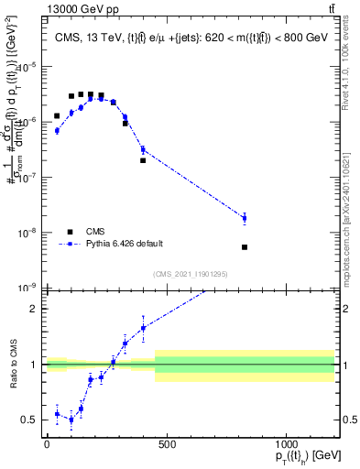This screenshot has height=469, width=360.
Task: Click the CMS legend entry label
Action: pyautogui.click(x=96, y=231)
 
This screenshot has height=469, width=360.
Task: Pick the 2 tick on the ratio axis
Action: pyautogui.click(x=35, y=309)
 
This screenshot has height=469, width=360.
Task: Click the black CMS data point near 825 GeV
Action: pyautogui.click(x=245, y=247)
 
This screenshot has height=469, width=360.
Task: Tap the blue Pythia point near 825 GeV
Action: pyautogui.click(x=245, y=217)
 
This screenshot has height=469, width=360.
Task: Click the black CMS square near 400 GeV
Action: pyautogui.click(x=143, y=160)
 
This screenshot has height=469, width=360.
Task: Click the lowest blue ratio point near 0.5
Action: pyautogui.click(x=71, y=420)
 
